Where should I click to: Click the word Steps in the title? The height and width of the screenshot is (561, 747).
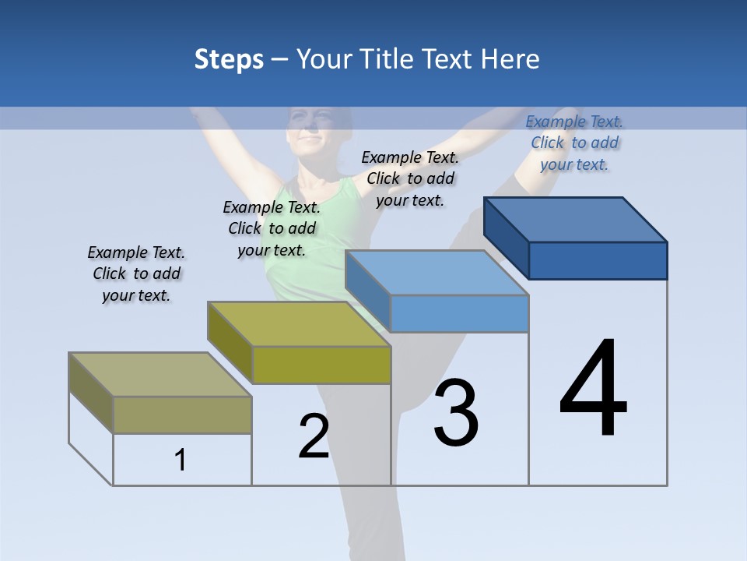click(229, 60)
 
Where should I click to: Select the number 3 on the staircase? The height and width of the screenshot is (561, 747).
click(456, 413)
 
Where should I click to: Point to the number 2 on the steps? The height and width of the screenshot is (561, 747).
click(314, 436)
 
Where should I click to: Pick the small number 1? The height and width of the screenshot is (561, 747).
click(181, 460)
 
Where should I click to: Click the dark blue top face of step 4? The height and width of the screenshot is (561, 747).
click(576, 219)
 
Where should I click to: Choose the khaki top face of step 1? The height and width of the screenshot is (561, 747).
click(160, 375)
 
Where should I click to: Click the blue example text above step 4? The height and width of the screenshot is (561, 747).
click(574, 143)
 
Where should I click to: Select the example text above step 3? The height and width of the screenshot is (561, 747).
click(410, 178)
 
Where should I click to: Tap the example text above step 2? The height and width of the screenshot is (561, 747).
click(272, 228)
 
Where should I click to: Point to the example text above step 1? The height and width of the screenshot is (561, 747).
click(136, 273)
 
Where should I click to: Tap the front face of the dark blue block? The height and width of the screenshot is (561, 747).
click(598, 260)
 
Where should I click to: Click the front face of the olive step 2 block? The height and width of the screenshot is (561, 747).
click(321, 365)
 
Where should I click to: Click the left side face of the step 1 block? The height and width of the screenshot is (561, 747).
click(91, 393)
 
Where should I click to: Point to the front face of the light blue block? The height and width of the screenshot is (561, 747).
click(459, 313)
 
